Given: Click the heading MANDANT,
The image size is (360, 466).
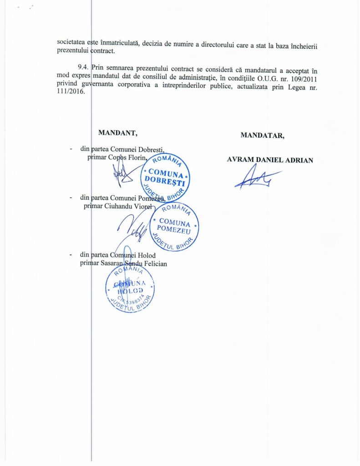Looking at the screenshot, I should (118, 133).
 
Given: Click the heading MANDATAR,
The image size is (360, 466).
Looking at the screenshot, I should (263, 135).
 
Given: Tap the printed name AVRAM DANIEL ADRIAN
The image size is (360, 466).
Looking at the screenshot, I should (270, 160).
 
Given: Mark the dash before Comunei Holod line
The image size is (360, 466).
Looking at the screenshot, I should (70, 256).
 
